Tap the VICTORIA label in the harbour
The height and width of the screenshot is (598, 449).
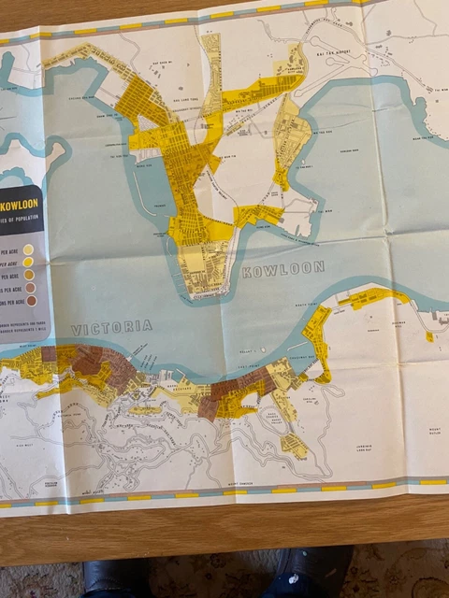[x=111, y=327]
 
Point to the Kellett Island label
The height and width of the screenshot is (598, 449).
[x=247, y=352]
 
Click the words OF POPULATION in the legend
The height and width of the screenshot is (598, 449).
[x=21, y=221]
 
